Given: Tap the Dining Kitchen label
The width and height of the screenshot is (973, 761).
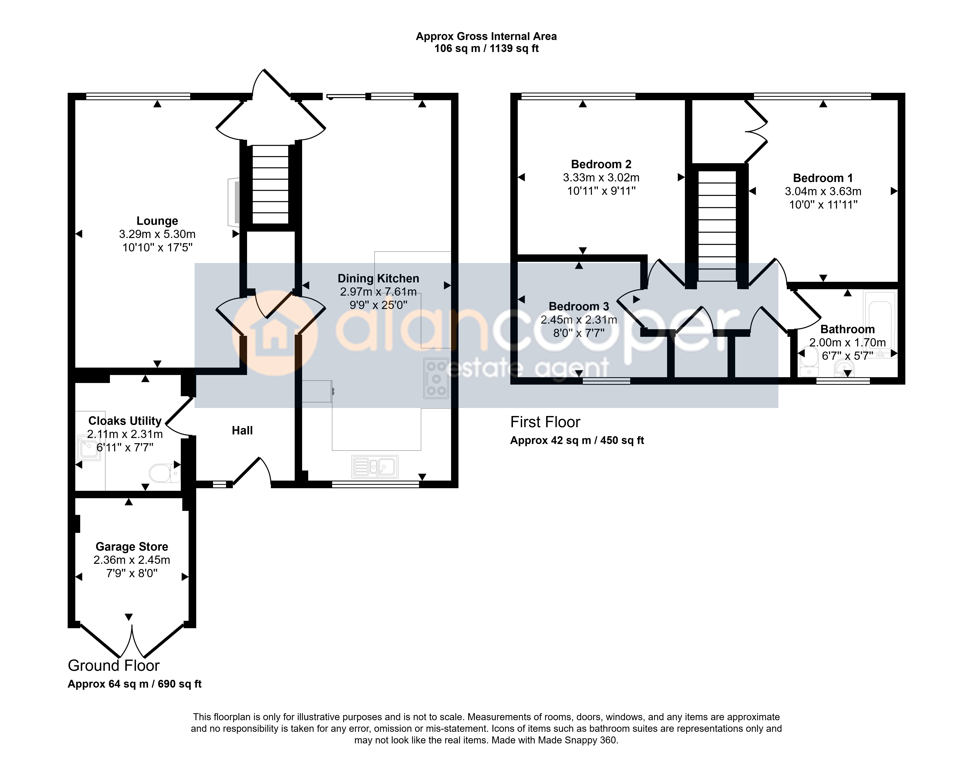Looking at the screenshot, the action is tap(378, 278).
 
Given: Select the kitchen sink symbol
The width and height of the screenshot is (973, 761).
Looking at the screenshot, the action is tap(375, 466).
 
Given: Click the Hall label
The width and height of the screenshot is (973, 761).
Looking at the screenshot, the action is tap(242, 430).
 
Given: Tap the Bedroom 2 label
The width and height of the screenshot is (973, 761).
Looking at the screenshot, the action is tap(601, 164).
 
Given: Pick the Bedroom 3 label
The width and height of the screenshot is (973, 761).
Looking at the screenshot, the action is tap(579, 307).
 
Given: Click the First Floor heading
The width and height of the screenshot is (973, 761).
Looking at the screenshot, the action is tap(545, 422).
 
